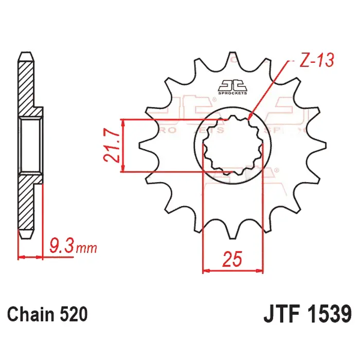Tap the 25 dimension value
tap(232, 260)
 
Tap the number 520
tap(72, 313)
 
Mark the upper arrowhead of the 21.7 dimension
tap(124, 123)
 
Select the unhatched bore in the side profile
tap(30, 145)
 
